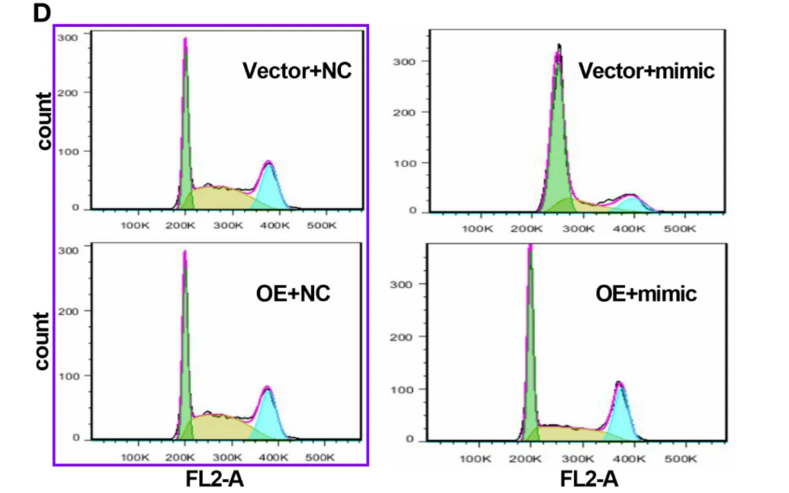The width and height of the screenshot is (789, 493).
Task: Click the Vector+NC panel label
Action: (x=296, y=71)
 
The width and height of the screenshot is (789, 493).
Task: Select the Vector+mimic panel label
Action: (x=646, y=71)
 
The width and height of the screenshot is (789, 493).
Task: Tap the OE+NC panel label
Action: (x=293, y=294)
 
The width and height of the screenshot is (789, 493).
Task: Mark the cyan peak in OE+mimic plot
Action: (x=619, y=410)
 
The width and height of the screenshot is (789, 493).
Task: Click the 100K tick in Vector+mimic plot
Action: (x=477, y=228)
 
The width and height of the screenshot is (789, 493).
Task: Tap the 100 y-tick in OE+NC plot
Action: (x=67, y=375)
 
